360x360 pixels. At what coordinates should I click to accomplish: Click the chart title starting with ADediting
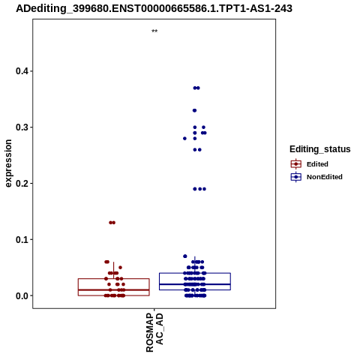tap(154, 8)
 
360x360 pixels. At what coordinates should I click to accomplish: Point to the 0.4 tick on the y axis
tap(23, 71)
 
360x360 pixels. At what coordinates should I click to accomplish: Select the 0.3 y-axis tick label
tap(23, 127)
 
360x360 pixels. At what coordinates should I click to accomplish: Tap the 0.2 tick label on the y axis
tap(23, 183)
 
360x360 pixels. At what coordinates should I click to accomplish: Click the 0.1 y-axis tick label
tap(23, 239)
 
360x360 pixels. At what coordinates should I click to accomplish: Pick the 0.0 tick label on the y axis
tap(23, 295)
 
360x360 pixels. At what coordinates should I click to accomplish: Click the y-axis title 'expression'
tap(8, 163)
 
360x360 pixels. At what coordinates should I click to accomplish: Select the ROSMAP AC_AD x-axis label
tap(154, 332)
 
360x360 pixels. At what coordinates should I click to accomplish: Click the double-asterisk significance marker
tap(154, 31)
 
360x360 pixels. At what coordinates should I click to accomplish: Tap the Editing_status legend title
tap(320, 149)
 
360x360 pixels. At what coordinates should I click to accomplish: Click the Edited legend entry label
tap(317, 164)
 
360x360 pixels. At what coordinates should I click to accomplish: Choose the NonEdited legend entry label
tap(325, 177)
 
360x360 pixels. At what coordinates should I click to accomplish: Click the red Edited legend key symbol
tap(296, 164)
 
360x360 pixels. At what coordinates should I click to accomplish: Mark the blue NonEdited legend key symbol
tap(296, 177)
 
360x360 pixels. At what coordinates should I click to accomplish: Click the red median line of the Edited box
tap(114, 290)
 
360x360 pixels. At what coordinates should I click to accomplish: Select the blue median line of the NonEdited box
tap(195, 284)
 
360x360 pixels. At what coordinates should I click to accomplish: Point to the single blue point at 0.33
tap(194, 110)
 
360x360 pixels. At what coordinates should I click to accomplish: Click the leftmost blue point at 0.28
tap(184, 139)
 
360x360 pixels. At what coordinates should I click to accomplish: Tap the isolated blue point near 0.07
tap(185, 256)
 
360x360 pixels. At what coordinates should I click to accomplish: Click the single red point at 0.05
tap(120, 268)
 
